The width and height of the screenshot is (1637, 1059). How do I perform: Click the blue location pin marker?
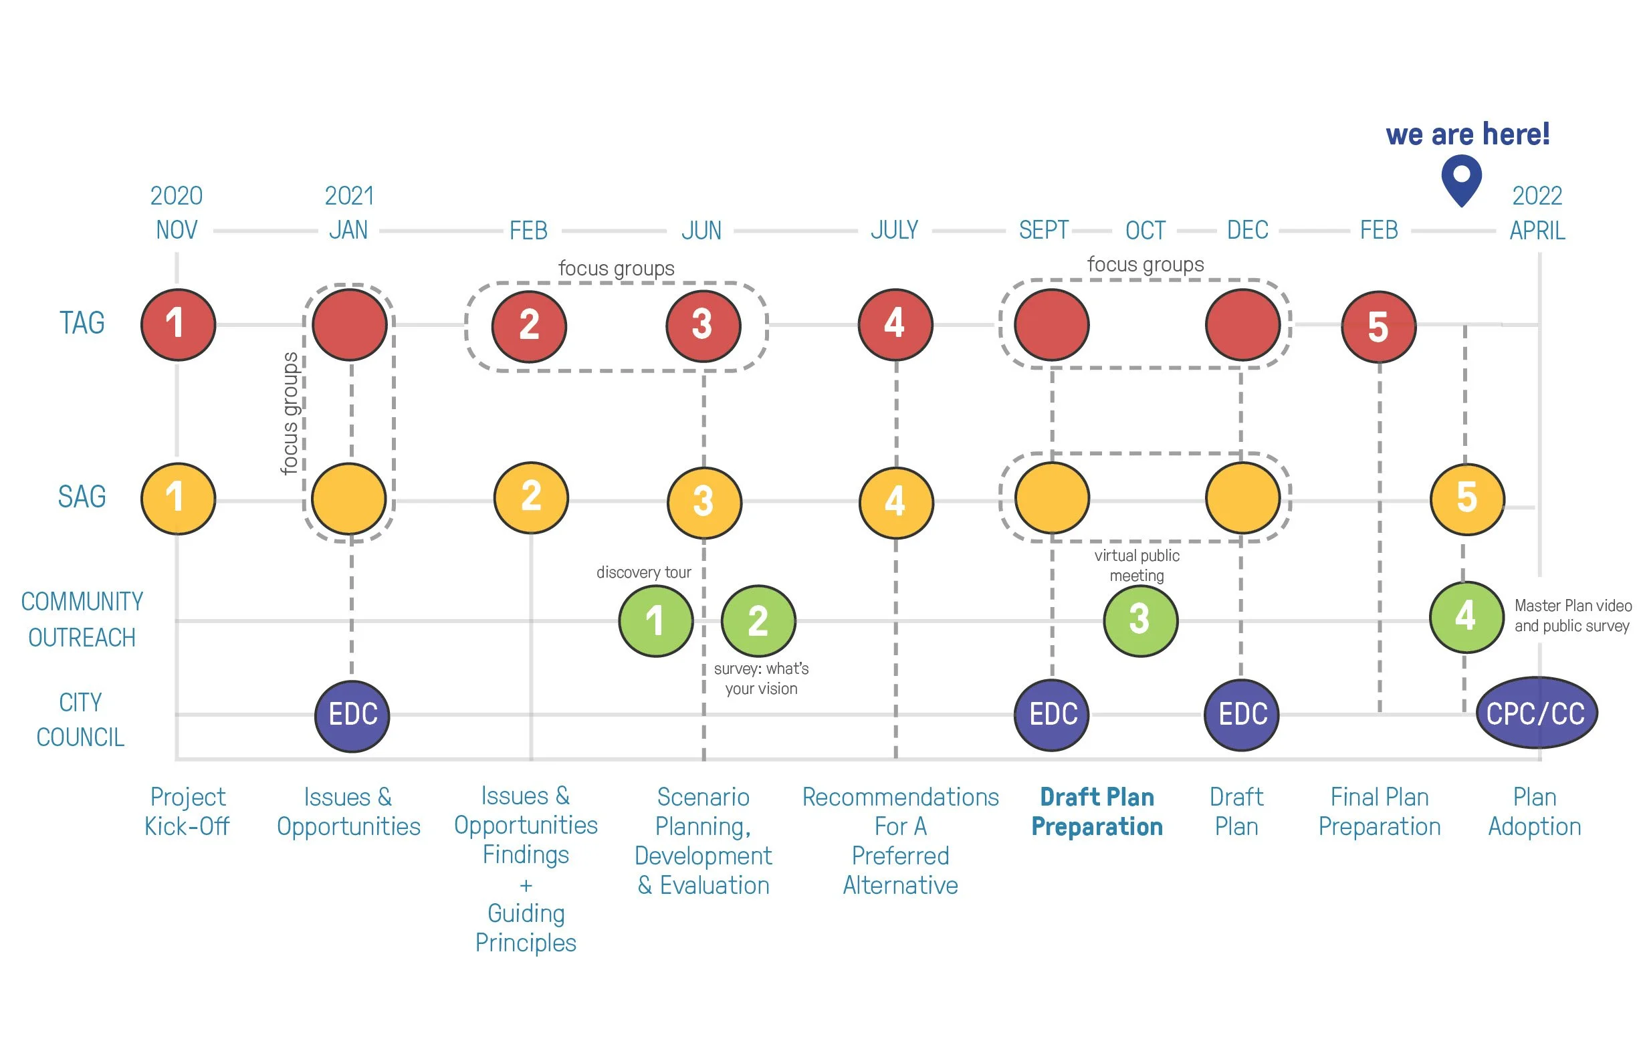click(1461, 179)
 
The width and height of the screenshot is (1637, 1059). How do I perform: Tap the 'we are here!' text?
click(1467, 134)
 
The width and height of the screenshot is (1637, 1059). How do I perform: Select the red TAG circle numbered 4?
click(895, 324)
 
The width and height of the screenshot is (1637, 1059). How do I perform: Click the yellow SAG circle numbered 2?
click(531, 497)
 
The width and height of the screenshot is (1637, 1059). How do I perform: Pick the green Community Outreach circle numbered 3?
click(1139, 620)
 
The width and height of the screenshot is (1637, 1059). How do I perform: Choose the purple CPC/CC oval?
click(1536, 713)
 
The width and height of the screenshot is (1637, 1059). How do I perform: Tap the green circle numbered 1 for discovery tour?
click(655, 620)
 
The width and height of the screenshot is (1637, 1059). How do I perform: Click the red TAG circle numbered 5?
click(1378, 327)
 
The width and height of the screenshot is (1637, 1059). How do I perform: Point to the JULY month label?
click(894, 231)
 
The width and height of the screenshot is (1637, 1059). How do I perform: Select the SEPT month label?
click(1043, 231)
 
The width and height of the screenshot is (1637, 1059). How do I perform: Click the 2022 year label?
click(1537, 197)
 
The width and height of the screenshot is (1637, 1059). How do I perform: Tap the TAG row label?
click(82, 323)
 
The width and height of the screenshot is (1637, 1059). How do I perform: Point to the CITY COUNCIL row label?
click(80, 720)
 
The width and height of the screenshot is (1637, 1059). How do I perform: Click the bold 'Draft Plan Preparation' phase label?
click(1097, 812)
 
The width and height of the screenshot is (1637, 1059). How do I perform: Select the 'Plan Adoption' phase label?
click(1535, 812)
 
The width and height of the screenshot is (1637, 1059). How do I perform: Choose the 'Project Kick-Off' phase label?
click(187, 812)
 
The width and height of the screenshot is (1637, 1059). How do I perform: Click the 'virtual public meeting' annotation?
click(1136, 565)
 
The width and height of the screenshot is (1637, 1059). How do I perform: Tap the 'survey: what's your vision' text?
click(761, 679)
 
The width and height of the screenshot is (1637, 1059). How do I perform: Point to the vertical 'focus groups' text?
click(290, 413)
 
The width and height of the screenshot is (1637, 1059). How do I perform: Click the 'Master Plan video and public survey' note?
click(1572, 616)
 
